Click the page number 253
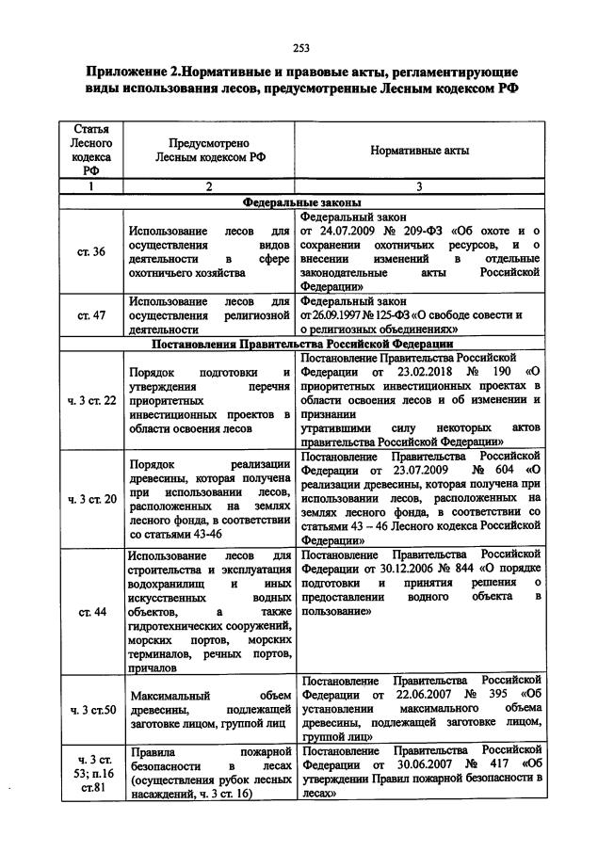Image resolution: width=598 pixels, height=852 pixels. pos(300,48)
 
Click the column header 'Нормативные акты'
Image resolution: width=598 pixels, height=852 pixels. pos(419,151)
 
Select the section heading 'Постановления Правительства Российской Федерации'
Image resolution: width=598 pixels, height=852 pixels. pos(300,344)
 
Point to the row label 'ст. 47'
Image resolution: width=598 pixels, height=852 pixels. pos(91,315)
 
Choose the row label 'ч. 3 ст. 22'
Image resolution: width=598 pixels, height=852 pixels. pos(91,400)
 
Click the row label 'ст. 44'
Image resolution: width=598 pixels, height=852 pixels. pos(91,611)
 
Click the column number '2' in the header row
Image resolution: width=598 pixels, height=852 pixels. pos(210,186)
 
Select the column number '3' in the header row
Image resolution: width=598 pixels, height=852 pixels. pos(419,186)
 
